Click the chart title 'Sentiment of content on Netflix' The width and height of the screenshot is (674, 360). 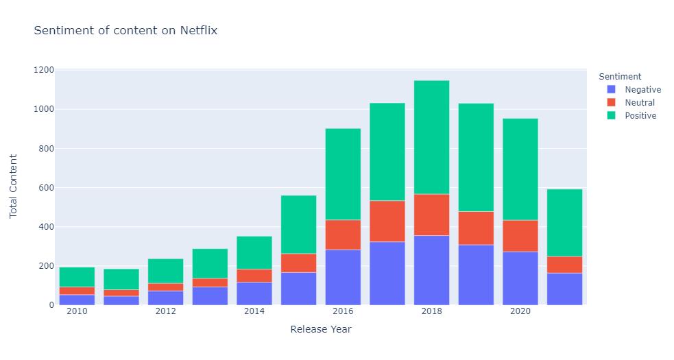[125, 30]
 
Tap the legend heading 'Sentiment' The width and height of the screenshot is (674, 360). [620, 77]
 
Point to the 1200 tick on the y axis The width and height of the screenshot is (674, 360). [44, 70]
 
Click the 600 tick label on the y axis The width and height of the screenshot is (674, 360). [45, 188]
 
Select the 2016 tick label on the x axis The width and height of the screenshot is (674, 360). [343, 311]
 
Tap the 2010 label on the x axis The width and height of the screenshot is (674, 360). [77, 311]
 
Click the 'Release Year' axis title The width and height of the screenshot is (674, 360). [321, 330]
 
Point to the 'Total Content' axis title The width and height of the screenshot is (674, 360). [14, 187]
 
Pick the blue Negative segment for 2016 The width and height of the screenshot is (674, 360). [343, 277]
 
